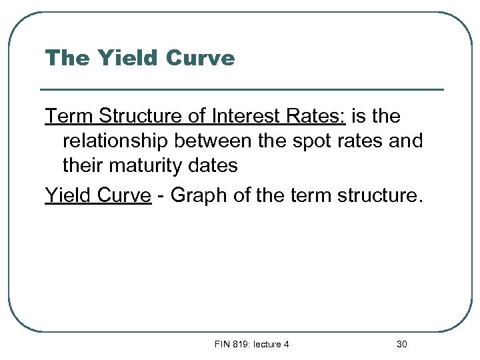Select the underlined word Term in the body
click(x=69, y=117)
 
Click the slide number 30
click(x=401, y=345)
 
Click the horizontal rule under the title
click(x=242, y=89)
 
